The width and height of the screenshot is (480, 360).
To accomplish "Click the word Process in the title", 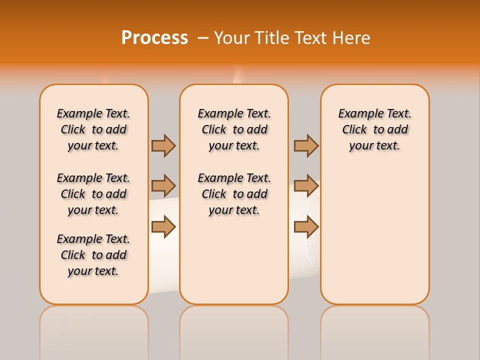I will (x=154, y=38).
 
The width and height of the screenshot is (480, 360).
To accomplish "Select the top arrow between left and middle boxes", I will (x=163, y=145).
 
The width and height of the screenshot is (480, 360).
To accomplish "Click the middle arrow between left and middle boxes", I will (x=163, y=186).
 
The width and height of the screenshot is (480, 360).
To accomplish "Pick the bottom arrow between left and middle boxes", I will (x=163, y=226).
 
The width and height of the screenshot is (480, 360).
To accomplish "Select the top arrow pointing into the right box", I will (x=306, y=145).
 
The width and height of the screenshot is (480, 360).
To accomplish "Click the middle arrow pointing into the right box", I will (x=306, y=186).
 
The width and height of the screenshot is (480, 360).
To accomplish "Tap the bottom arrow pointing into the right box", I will (x=306, y=226).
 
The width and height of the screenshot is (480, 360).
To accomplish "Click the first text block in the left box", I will (x=93, y=129).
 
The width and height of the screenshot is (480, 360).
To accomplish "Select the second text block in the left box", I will (x=93, y=194).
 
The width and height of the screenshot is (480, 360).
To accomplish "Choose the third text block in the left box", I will (x=93, y=255).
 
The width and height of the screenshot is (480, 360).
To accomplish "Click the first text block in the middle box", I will (x=234, y=129).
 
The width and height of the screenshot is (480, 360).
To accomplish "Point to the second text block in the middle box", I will (x=234, y=194).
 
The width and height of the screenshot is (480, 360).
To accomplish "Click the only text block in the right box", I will (x=374, y=129).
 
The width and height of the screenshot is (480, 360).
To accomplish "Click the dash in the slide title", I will (x=203, y=38).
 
